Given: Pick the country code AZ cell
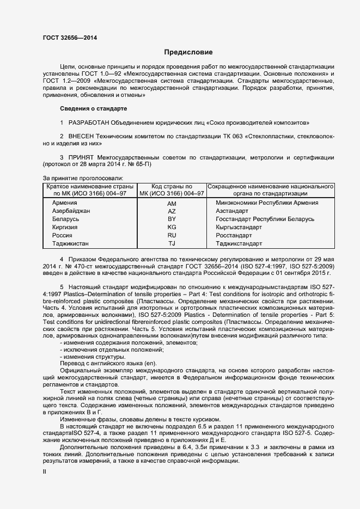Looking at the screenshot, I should pyautogui.click(x=172, y=211).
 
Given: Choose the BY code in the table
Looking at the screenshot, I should pyautogui.click(x=172, y=219).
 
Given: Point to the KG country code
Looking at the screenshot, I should pyautogui.click(x=172, y=227).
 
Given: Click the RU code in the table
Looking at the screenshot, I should pyautogui.click(x=172, y=235).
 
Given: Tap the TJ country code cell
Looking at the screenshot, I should pyautogui.click(x=172, y=243).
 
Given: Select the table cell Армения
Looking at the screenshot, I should pyautogui.click(x=65, y=203).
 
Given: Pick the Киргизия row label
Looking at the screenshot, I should pyautogui.click(x=65, y=227).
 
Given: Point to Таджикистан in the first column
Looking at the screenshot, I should pyautogui.click(x=70, y=243).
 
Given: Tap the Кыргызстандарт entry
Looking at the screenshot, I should pyautogui.click(x=239, y=227).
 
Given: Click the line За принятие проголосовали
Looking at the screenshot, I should pyautogui.click(x=83, y=178).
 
